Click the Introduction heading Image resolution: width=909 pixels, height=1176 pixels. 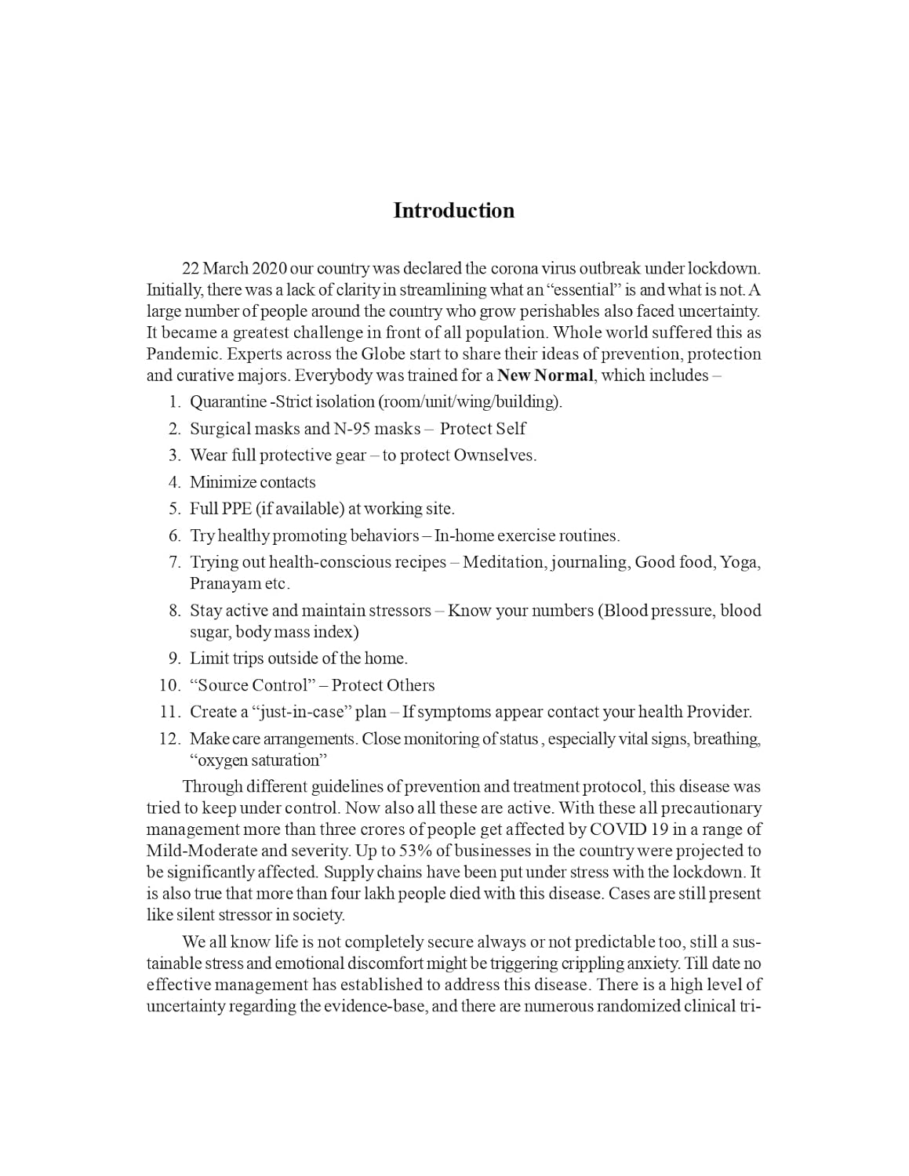click(453, 211)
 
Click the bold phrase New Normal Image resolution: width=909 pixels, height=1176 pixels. click(545, 376)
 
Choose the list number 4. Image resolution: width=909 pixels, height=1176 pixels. click(174, 482)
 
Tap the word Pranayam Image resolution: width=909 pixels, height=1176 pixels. click(225, 584)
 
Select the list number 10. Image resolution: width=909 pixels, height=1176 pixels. click(169, 685)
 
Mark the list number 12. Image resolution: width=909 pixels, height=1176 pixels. click(169, 739)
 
